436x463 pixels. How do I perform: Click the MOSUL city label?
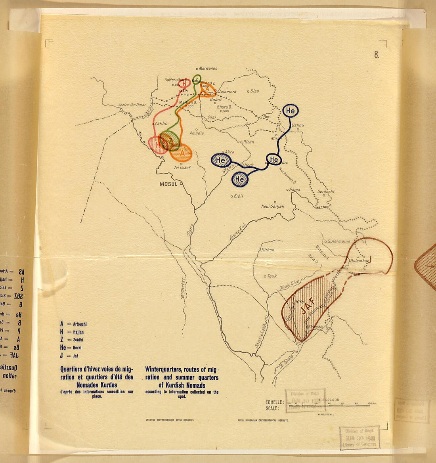click(168, 184)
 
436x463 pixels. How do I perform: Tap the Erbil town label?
click(238, 196)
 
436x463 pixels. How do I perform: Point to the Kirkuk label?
click(268, 250)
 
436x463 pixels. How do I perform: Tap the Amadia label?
click(197, 133)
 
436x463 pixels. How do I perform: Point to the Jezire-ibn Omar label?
click(132, 105)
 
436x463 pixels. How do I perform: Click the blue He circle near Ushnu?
click(290, 111)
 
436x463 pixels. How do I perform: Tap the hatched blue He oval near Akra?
click(221, 160)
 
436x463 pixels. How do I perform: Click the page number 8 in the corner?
click(376, 55)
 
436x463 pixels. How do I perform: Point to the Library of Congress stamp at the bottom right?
click(360, 438)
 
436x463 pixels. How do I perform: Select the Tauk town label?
click(272, 276)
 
